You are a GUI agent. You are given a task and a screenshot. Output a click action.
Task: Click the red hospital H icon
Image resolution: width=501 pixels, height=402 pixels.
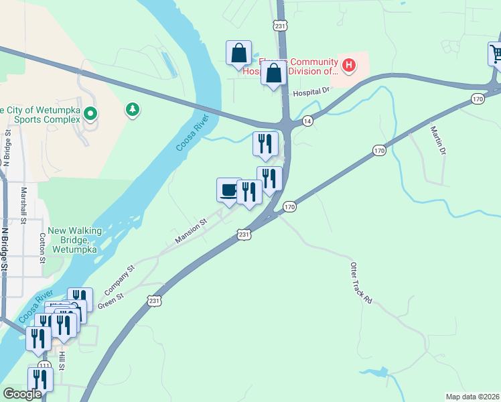348,65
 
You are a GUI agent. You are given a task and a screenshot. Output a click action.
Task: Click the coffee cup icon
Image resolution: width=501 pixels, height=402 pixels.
229,190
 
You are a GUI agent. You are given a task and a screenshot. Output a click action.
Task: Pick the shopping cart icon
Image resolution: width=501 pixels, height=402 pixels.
496,54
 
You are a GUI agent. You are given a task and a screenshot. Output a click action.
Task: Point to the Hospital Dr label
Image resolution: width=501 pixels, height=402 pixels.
313,90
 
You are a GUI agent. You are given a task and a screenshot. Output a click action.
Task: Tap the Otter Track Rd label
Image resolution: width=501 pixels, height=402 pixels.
360,283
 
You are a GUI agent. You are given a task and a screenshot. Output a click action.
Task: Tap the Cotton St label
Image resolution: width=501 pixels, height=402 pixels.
42,247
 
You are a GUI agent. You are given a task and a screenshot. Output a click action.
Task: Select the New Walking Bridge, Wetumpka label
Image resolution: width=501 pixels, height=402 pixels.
75,240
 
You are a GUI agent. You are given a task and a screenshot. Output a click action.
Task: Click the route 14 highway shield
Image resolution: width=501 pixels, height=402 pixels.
307,121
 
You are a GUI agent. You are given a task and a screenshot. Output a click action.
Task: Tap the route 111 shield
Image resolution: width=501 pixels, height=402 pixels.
44,365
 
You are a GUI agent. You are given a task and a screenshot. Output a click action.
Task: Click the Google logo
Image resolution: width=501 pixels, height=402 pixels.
22,394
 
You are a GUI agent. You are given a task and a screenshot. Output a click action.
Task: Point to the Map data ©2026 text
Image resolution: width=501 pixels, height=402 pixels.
472,397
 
